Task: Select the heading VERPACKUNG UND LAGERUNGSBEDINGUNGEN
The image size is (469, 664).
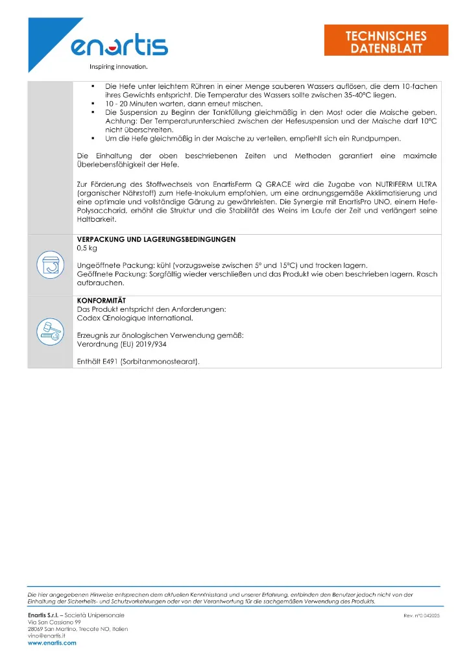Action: point(156,240)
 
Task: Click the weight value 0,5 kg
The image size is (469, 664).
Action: point(87,248)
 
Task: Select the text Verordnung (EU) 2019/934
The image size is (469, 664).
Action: point(120,344)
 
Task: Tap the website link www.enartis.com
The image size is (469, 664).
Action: point(52,643)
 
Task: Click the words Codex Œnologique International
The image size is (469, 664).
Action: point(135,318)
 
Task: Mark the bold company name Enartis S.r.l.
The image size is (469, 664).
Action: point(49,614)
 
